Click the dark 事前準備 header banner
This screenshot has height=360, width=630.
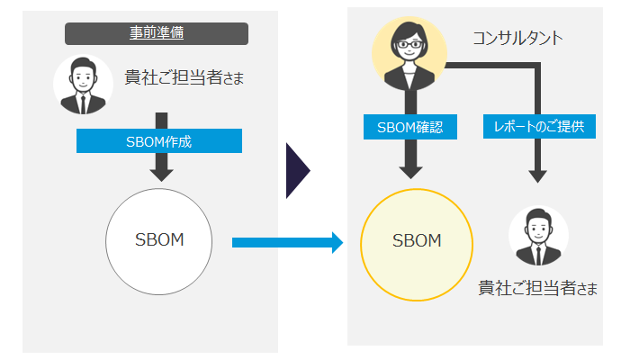point(157,33)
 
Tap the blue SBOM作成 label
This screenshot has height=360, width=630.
point(158,141)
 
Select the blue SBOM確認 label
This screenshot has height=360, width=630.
point(409,127)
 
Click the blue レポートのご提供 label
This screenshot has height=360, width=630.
point(538,127)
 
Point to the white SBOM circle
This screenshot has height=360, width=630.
point(158,241)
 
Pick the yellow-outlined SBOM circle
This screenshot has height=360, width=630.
point(416,241)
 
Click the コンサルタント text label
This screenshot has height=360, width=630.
point(517,38)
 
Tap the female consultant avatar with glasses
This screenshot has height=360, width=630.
point(409,54)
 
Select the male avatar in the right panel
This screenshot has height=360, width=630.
point(538,236)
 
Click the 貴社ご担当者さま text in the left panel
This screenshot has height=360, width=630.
point(184,78)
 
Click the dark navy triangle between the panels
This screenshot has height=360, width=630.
point(297,168)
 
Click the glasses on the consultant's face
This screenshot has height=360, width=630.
point(409,44)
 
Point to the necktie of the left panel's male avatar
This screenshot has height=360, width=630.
point(83,102)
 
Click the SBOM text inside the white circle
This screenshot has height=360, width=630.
point(158,241)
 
